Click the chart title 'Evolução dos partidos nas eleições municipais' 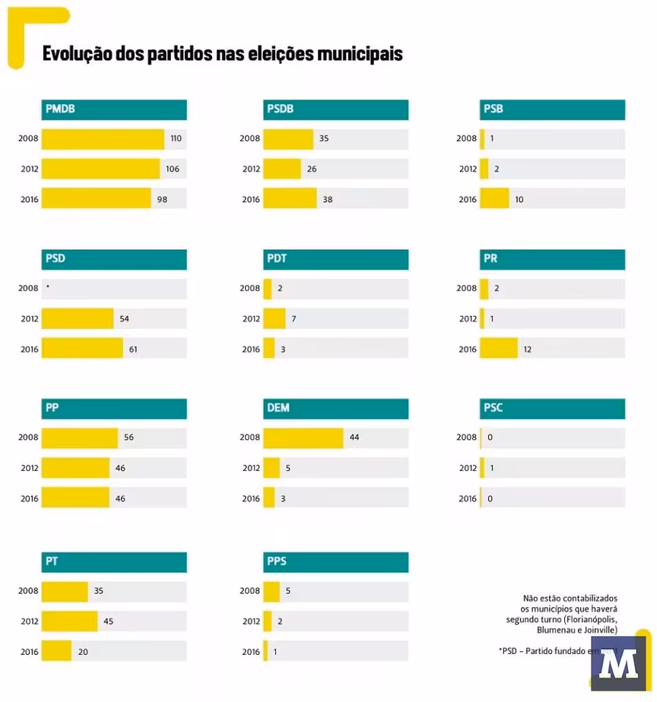pyautogui.click(x=222, y=54)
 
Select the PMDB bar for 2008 pyautogui.click(x=103, y=139)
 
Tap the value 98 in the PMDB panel pyautogui.click(x=162, y=200)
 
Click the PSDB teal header pyautogui.click(x=335, y=109)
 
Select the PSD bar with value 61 pyautogui.click(x=82, y=349)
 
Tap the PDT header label pyautogui.click(x=277, y=259)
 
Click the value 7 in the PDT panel pyautogui.click(x=294, y=319)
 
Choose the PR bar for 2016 pyautogui.click(x=498, y=349)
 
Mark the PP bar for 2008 pyautogui.click(x=80, y=438)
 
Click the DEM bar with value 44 pyautogui.click(x=303, y=438)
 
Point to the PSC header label pyautogui.click(x=493, y=408)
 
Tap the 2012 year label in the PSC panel pyautogui.click(x=468, y=468)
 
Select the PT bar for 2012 pyautogui.click(x=70, y=621)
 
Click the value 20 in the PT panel pyautogui.click(x=83, y=651)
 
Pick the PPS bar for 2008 pyautogui.click(x=271, y=591)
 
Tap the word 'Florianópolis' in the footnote pyautogui.click(x=591, y=620)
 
